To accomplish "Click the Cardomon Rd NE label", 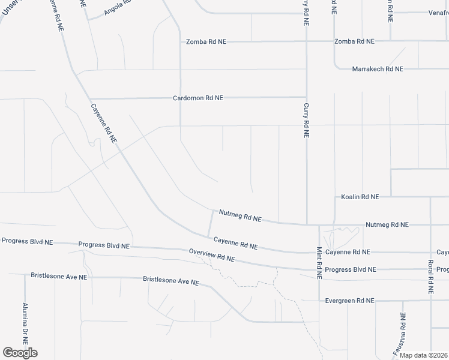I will tap(197, 97).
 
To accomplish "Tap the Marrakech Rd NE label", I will tap(378, 69).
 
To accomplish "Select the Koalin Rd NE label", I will tap(360, 196).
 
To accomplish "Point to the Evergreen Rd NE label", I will tap(349, 301).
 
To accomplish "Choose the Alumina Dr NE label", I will tap(25, 322).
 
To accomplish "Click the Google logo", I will tap(20, 353).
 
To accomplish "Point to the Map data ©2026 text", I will tap(423, 355).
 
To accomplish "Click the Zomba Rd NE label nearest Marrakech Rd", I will tap(354, 41).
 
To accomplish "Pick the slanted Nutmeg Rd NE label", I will tap(240, 215).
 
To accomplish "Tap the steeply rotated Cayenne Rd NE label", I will tap(103, 124).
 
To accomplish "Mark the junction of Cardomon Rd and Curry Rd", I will tap(306, 97).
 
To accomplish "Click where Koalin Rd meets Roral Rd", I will tap(430, 196).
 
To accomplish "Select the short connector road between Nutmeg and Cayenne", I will tap(209, 223).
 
